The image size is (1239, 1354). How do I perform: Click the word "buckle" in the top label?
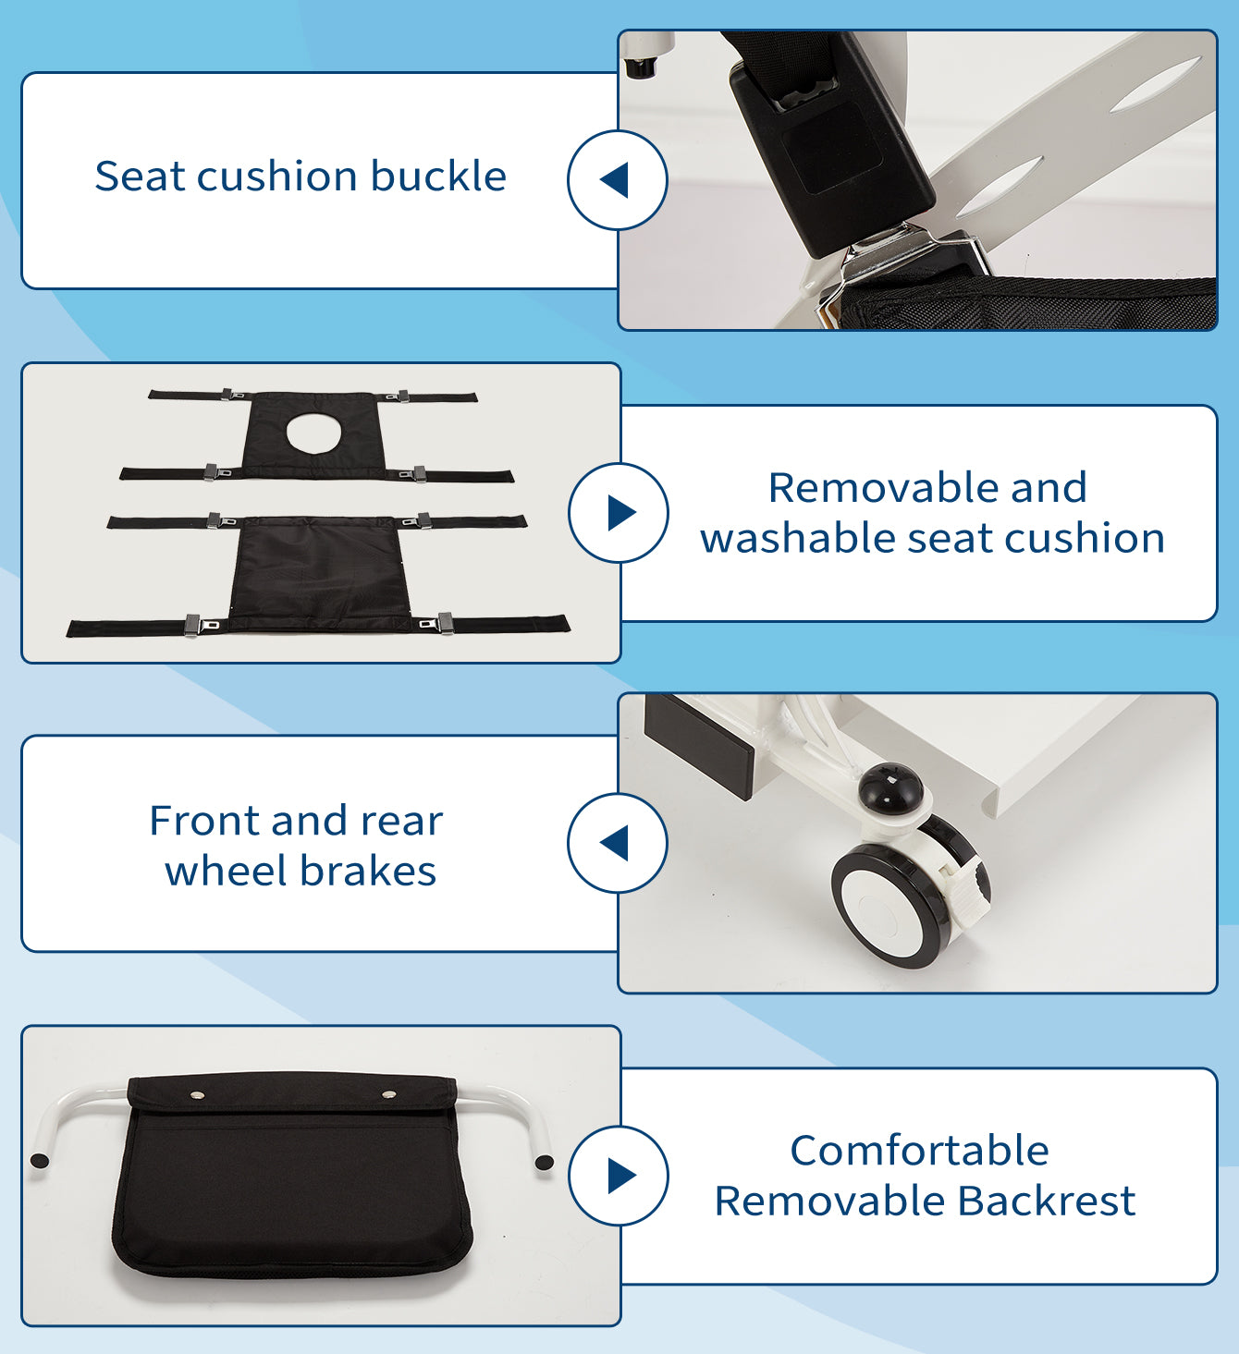click(x=438, y=177)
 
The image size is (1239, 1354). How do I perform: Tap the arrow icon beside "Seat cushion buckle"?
click(x=615, y=180)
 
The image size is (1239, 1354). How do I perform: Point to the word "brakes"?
click(x=368, y=871)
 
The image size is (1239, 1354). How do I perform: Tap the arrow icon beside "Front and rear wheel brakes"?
click(x=615, y=843)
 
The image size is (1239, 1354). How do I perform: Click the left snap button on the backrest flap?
click(x=198, y=1094)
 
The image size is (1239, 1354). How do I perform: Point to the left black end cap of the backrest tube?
click(x=39, y=1161)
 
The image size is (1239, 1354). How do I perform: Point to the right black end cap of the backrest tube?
click(x=544, y=1163)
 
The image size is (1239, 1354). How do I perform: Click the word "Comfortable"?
click(x=919, y=1150)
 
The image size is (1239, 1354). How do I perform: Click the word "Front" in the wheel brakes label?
click(x=204, y=821)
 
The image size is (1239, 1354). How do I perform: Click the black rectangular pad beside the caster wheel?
click(x=699, y=747)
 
